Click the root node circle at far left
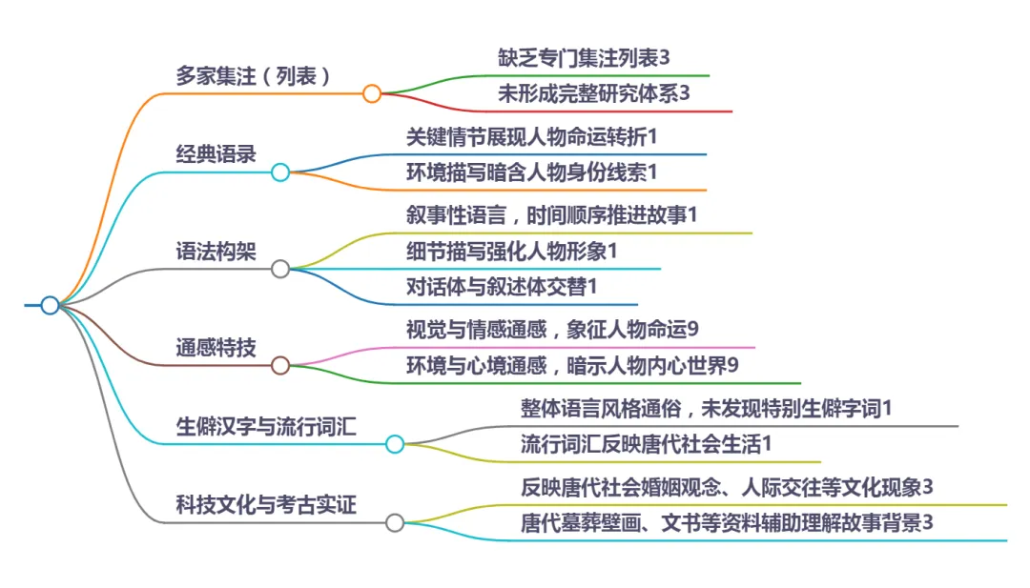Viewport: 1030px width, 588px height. pos(50,305)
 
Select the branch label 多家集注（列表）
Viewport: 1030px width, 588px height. pos(254,75)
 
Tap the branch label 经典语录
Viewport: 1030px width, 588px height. pos(216,154)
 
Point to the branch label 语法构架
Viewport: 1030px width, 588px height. pos(216,251)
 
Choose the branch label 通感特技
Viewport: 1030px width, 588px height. pos(216,347)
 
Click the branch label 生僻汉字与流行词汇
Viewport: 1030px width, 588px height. pos(266,426)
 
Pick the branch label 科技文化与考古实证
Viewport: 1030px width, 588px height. pos(266,504)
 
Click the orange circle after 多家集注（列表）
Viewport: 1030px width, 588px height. pos(372,93)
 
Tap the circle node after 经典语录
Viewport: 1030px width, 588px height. pos(280,172)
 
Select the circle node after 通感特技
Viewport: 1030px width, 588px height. pos(280,365)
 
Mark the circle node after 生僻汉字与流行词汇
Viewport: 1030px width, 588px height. pos(395,444)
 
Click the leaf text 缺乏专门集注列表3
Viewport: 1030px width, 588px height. pos(584,58)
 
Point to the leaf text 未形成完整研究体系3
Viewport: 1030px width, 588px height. pos(593,93)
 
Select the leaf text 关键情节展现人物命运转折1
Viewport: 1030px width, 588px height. pos(532,136)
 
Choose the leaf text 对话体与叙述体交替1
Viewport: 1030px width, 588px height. pos(502,286)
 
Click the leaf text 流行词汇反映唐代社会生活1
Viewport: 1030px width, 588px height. pos(646,444)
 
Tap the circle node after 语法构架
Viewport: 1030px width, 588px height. pos(280,269)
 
